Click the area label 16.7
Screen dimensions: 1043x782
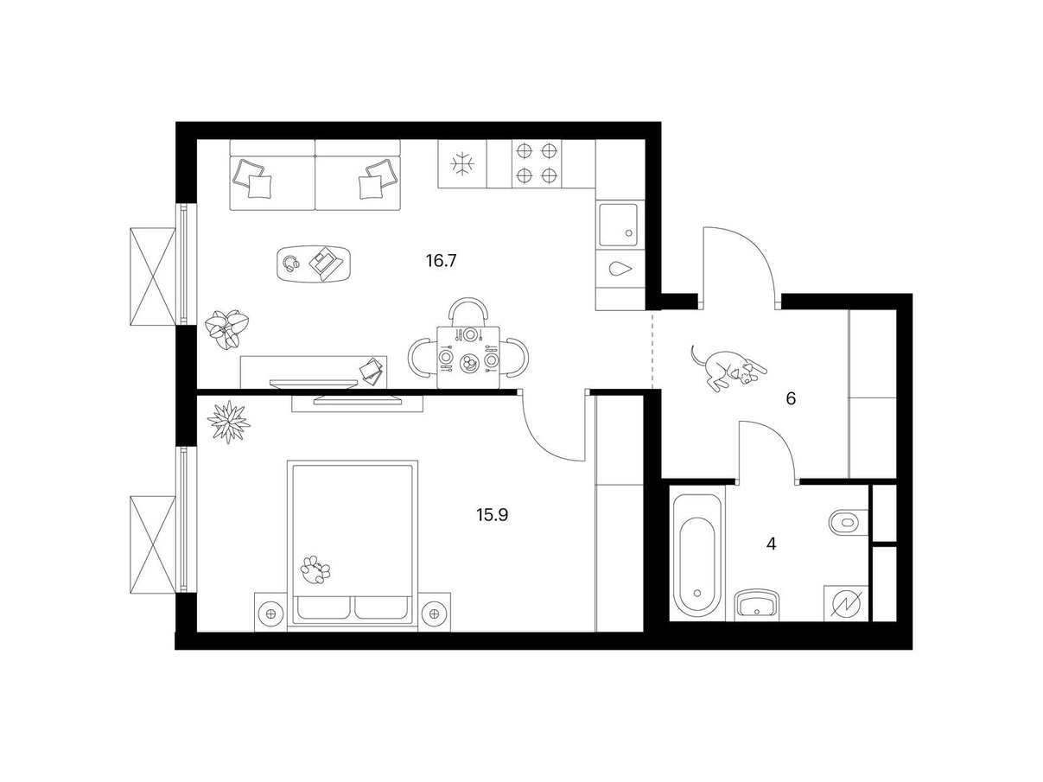pyautogui.click(x=441, y=261)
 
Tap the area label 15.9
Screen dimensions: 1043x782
pyautogui.click(x=493, y=515)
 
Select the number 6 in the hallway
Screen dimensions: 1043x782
pyautogui.click(x=791, y=398)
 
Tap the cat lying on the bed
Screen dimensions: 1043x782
pyautogui.click(x=315, y=569)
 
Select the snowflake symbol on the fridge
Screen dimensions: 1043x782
pyautogui.click(x=462, y=164)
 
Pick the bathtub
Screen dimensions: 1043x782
pyautogui.click(x=696, y=556)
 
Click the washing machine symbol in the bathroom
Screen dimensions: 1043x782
pyautogui.click(x=846, y=605)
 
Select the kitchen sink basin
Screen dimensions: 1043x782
pyautogui.click(x=618, y=225)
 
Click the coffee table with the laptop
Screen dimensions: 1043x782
pyautogui.click(x=314, y=264)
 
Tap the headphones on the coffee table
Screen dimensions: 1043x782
pyautogui.click(x=291, y=263)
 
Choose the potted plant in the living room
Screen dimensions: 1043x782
pyautogui.click(x=226, y=328)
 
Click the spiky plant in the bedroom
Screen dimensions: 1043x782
pyautogui.click(x=229, y=422)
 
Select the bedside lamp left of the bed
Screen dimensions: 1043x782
pyautogui.click(x=270, y=614)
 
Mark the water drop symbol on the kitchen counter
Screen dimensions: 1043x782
pyautogui.click(x=620, y=269)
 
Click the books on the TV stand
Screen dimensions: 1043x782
pyautogui.click(x=371, y=370)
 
